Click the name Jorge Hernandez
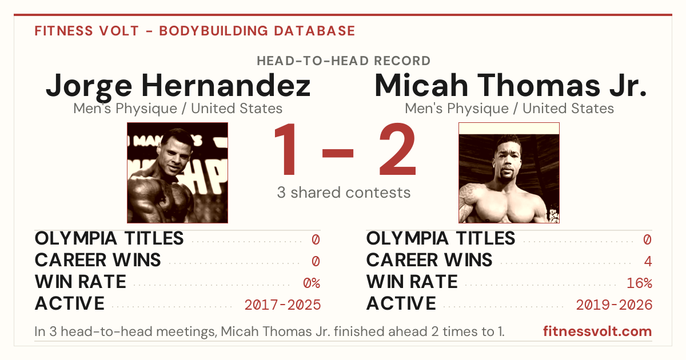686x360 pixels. (178, 87)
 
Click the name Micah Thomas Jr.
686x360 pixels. (510, 85)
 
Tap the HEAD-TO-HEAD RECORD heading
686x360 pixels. (344, 61)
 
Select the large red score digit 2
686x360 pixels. (397, 149)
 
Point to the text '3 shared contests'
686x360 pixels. (344, 193)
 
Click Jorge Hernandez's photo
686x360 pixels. (177, 173)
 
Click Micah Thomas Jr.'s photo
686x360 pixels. (509, 173)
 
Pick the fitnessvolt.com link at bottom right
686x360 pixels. (597, 331)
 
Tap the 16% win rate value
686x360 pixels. (640, 283)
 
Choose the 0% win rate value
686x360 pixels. (312, 283)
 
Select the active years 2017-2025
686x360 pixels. (282, 305)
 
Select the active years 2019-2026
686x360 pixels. (614, 305)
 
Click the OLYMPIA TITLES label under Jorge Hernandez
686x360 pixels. (109, 238)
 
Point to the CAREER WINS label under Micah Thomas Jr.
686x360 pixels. (429, 260)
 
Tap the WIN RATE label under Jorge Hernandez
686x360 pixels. (81, 282)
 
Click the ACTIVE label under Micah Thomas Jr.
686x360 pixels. (401, 303)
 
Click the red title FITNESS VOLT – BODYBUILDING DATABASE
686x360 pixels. (195, 31)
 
